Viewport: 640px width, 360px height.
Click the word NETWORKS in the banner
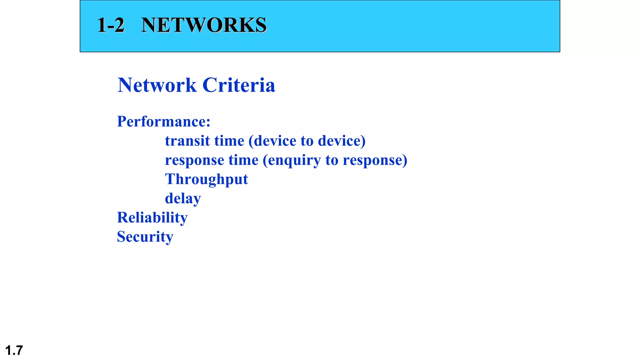[204, 25]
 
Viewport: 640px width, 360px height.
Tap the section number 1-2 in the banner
[111, 25]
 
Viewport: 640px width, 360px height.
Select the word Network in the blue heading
[157, 85]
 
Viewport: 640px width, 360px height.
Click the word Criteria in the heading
[239, 85]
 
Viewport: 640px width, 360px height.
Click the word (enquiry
[292, 160]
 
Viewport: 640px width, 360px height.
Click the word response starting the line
[194, 160]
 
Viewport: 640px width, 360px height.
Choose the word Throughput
[206, 180]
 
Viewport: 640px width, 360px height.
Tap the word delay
[183, 199]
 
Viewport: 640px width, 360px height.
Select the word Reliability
[152, 218]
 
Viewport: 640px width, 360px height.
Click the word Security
[145, 237]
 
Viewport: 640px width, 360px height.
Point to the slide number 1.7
[14, 350]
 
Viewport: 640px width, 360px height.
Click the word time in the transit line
[229, 141]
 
